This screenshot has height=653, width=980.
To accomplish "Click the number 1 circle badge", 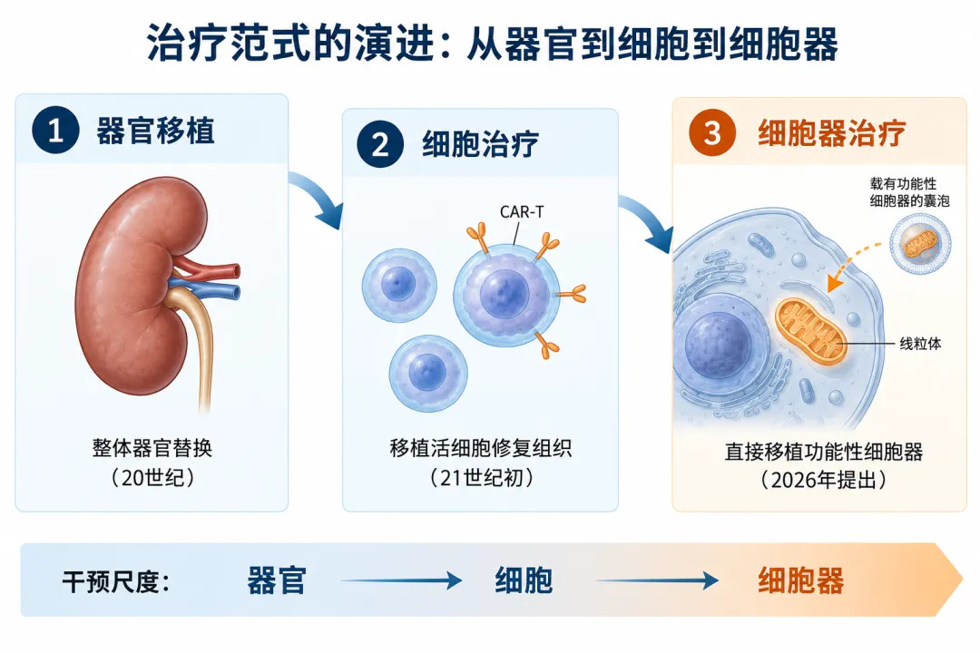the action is tap(55, 131).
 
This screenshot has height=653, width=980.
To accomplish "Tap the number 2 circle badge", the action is tap(380, 144).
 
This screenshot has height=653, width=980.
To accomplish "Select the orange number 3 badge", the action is tap(712, 132).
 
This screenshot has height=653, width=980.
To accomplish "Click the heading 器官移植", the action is tap(155, 132).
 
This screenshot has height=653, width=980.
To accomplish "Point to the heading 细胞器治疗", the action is tap(832, 133).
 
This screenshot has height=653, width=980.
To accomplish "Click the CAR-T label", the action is tap(522, 212).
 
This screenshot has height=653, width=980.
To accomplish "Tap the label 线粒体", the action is tap(920, 344).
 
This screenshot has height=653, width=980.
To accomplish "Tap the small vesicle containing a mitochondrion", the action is tap(920, 244).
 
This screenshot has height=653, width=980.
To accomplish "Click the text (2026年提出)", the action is tap(824, 480).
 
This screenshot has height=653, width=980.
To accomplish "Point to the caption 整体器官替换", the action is tap(152, 448).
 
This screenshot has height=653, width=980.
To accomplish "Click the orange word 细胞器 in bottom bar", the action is tap(800, 580).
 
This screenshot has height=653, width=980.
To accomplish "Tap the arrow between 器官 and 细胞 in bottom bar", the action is tap(401, 580).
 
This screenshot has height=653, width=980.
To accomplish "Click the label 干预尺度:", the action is tap(116, 581).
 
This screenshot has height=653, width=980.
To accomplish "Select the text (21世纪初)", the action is tap(481, 478).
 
